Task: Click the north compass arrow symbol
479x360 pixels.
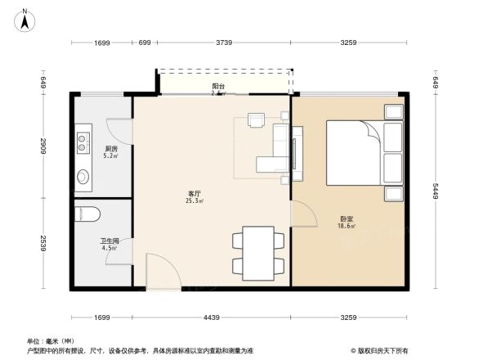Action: click(x=25, y=18)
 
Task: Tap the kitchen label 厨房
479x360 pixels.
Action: click(x=111, y=149)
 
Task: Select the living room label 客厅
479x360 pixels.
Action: click(x=194, y=193)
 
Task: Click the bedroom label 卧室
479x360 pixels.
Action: click(x=347, y=218)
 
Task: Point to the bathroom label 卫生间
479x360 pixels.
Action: click(x=110, y=241)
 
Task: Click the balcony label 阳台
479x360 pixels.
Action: click(x=218, y=86)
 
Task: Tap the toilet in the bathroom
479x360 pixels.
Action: click(x=87, y=215)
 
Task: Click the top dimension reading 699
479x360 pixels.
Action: click(x=144, y=42)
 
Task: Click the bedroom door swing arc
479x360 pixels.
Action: click(x=305, y=215)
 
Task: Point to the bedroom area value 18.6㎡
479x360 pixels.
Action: click(x=347, y=226)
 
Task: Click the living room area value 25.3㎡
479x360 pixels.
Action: click(x=194, y=200)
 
